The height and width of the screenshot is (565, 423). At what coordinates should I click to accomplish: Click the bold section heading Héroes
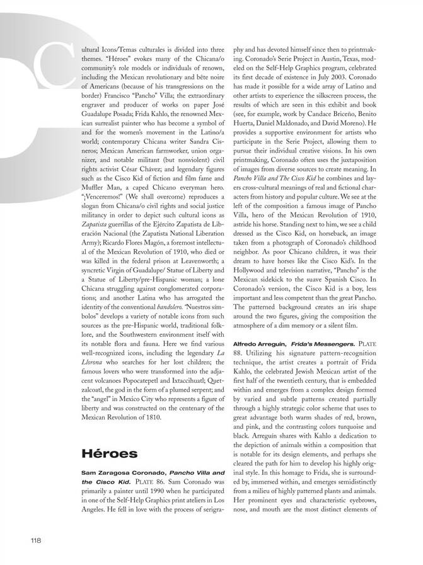(111, 454)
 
